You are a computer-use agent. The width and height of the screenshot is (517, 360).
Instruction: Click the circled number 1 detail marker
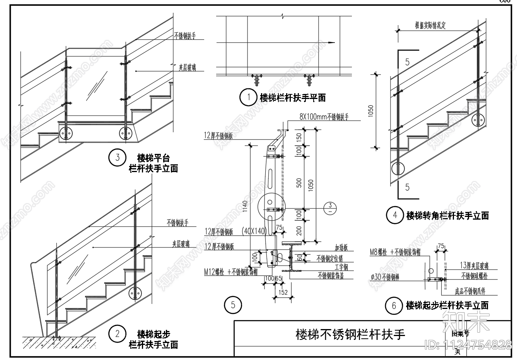248,97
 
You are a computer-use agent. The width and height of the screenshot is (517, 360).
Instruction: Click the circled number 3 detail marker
117,157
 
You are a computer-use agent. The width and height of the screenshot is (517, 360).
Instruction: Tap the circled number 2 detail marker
118,333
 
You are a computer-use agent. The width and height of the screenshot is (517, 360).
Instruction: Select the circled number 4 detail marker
394,215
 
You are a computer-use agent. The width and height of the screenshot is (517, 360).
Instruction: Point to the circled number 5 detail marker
233,305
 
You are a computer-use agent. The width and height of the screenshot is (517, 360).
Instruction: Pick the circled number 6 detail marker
394,306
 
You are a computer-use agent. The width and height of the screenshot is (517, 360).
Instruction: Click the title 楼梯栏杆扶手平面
292,98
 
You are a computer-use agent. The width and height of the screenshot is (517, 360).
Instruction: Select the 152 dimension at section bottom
283,292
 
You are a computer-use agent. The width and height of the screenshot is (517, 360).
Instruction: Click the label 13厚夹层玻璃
474,266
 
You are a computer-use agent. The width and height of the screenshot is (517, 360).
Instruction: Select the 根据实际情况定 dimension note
430,26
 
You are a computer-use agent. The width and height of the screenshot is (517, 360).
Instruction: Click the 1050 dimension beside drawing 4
371,111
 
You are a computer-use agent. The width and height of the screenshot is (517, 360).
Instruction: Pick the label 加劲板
341,248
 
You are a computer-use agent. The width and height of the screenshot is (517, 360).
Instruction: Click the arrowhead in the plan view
331,43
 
